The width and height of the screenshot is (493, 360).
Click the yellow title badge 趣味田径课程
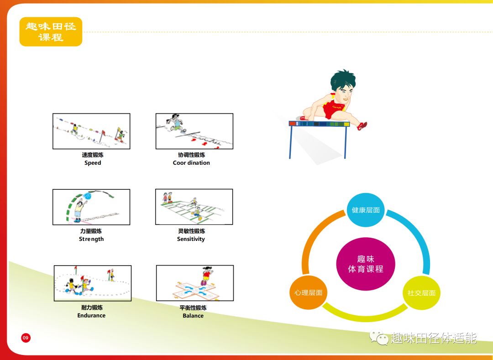click(x=51, y=32)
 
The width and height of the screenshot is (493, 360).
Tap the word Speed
click(x=93, y=163)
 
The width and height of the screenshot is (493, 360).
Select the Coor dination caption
click(x=191, y=163)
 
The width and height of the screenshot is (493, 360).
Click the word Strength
click(x=91, y=239)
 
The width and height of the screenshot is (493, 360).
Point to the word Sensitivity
click(x=191, y=239)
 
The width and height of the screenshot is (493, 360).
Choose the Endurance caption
click(x=91, y=315)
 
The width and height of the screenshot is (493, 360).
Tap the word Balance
click(x=193, y=316)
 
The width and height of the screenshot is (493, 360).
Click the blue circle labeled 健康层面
click(x=365, y=210)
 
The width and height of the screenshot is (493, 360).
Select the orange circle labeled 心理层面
click(x=308, y=292)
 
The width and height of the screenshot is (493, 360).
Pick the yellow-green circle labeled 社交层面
click(x=421, y=293)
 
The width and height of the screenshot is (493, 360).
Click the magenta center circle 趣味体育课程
click(x=366, y=264)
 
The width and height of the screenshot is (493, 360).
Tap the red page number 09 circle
click(x=26, y=338)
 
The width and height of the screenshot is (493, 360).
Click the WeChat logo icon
click(x=378, y=337)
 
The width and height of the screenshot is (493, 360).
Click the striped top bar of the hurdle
click(x=319, y=124)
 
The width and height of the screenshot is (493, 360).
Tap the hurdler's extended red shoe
click(x=362, y=125)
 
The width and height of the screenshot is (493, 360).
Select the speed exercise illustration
click(x=91, y=131)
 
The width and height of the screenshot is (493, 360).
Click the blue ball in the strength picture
click(x=88, y=196)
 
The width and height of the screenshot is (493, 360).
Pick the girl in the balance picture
click(x=206, y=276)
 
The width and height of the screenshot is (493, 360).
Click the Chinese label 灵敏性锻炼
click(x=191, y=231)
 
